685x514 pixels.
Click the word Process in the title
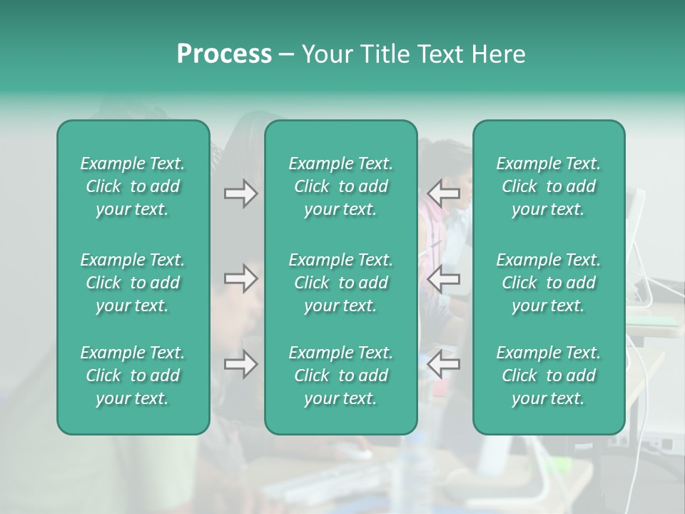224,54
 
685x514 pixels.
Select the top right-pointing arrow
240,193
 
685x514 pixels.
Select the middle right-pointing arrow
240,278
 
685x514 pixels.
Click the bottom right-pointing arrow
240,364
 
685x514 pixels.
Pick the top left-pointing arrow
443,193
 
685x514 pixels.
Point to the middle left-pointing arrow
443,278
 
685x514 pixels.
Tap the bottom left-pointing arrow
443,364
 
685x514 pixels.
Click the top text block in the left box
133,186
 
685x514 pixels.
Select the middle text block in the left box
133,283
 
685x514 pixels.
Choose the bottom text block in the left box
133,376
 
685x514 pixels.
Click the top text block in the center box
341,186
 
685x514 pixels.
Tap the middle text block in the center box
341,283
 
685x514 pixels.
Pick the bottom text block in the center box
341,376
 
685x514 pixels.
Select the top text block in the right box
549,186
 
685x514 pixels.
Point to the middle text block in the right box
549,283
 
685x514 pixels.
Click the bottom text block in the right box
549,376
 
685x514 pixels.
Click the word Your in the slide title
325,54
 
